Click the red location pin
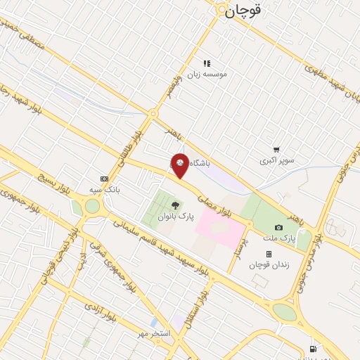[x=180, y=165]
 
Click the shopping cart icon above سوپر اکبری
[x=276, y=150]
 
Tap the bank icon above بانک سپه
[x=105, y=179]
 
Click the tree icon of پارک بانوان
[x=175, y=205]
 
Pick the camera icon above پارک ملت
[x=279, y=227]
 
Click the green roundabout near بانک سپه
[x=92, y=206]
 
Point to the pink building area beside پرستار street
[x=219, y=228]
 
